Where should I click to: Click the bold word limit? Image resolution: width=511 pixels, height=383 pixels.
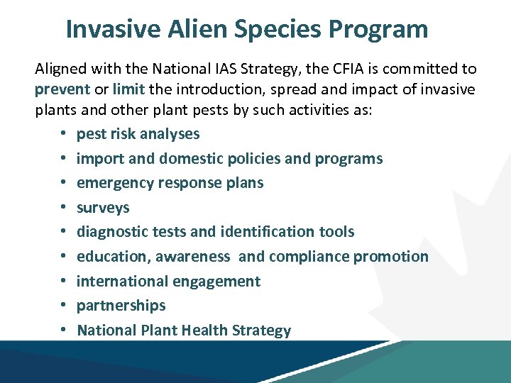tap(128, 90)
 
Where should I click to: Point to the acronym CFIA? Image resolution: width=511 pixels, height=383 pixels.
tap(335, 69)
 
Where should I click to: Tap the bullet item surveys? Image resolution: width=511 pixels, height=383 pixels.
tap(103, 208)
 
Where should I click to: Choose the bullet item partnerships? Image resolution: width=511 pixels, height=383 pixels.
tap(121, 306)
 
